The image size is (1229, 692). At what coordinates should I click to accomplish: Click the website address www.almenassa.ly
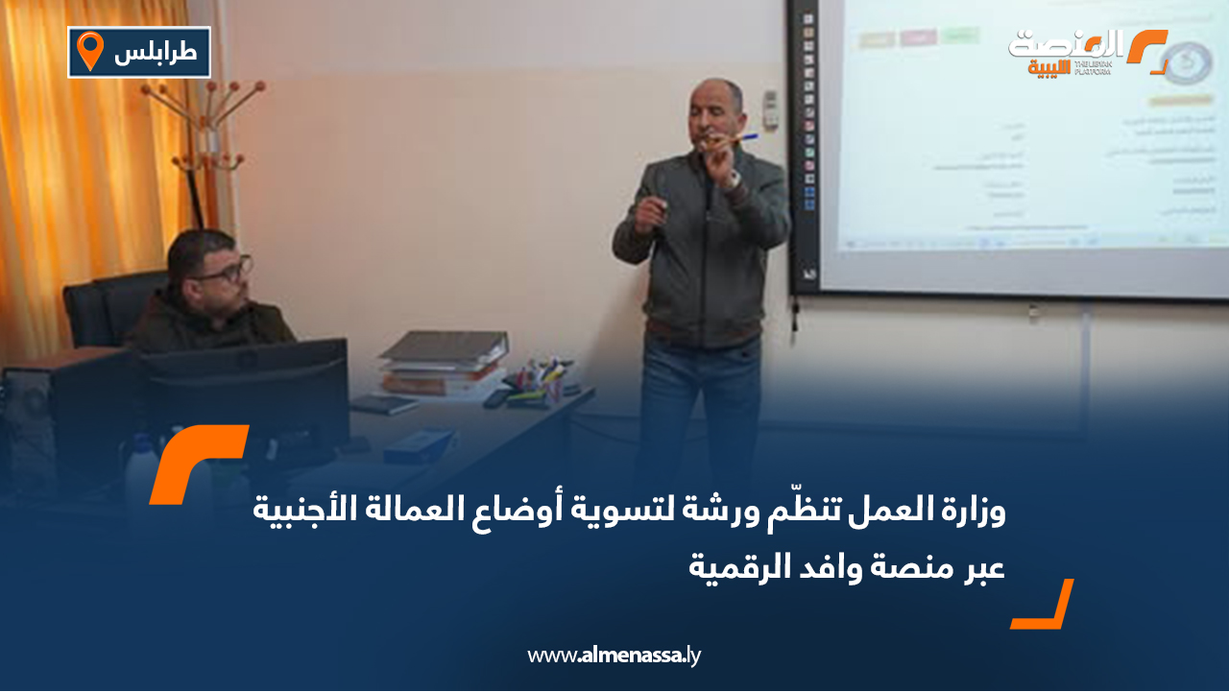614,656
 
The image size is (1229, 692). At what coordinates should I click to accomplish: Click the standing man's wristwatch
735,179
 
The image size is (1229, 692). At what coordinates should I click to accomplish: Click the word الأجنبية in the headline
298,512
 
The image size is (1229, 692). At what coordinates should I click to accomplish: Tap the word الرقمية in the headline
735,566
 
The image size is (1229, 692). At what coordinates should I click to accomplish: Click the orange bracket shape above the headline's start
197,463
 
